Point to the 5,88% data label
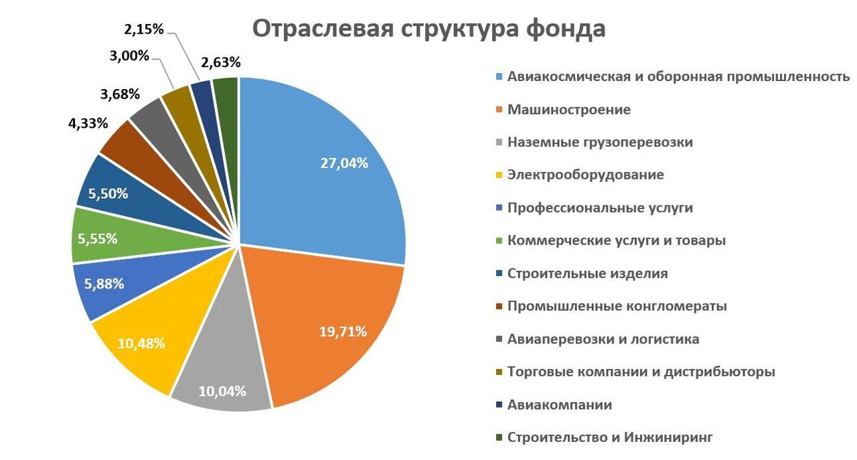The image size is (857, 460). [104, 283]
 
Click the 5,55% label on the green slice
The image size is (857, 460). [98, 238]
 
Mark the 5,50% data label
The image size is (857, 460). [108, 194]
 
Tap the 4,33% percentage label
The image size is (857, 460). [88, 124]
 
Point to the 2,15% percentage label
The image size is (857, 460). [144, 29]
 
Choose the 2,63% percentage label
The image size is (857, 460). [220, 62]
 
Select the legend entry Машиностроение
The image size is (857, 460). [569, 109]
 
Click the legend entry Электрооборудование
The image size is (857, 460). [586, 175]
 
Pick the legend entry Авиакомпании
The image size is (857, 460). [560, 404]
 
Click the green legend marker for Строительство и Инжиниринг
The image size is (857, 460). [499, 438]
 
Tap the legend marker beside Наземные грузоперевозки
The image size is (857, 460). [499, 143]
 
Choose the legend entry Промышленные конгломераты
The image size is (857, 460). [617, 306]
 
